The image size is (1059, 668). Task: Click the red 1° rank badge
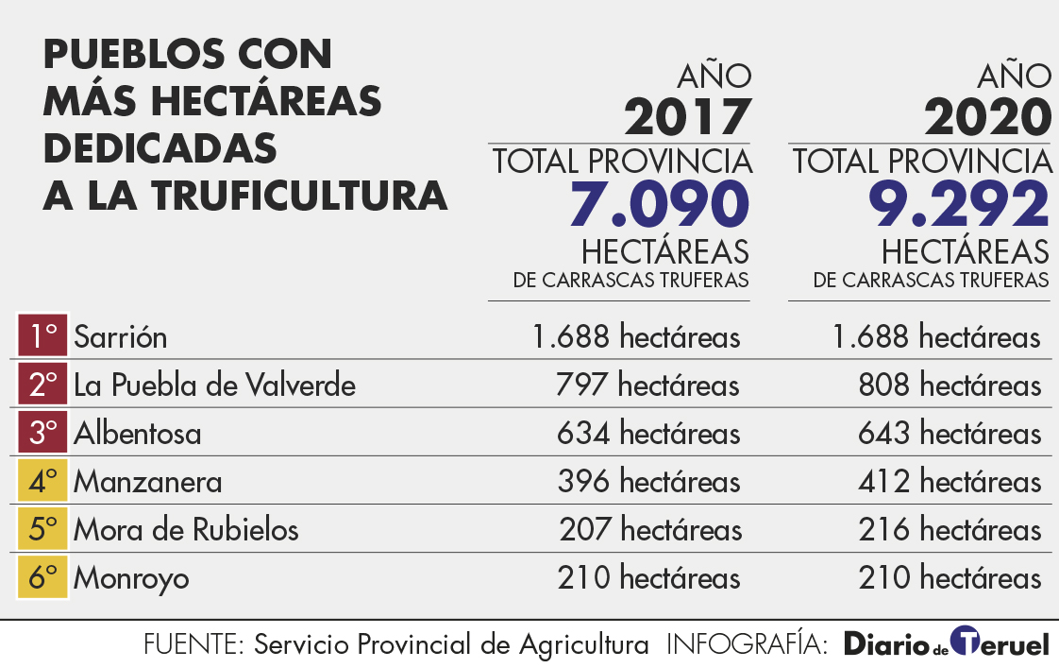click(42, 336)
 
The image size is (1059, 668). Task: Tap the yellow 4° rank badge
click(42, 482)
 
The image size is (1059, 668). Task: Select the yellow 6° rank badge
click(42, 577)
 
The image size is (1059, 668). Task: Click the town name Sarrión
click(120, 336)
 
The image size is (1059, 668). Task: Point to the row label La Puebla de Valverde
click(214, 385)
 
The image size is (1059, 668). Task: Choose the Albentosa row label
click(138, 434)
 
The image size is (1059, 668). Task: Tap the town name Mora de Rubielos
click(186, 529)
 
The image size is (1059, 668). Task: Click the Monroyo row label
click(131, 577)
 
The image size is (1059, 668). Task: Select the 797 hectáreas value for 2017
click(648, 385)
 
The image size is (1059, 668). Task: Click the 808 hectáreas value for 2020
click(950, 385)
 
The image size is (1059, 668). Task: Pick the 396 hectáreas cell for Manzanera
click(648, 482)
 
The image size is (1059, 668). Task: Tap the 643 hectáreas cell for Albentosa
click(950, 434)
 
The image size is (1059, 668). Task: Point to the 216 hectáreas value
click(950, 529)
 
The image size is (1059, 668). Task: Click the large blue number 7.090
click(659, 205)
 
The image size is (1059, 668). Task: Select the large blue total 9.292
click(959, 205)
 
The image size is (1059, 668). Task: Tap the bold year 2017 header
click(687, 118)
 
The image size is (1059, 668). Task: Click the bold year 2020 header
click(987, 118)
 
